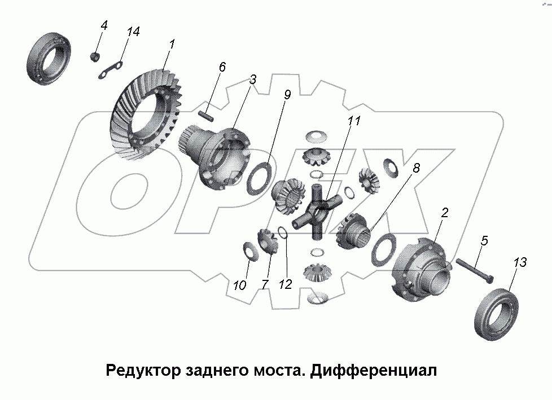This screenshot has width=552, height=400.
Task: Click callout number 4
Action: coord(104,25)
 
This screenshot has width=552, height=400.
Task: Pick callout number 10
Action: coord(239,285)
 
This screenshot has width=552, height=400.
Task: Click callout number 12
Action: coord(286,284)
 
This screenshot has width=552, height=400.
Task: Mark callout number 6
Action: coord(222,67)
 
